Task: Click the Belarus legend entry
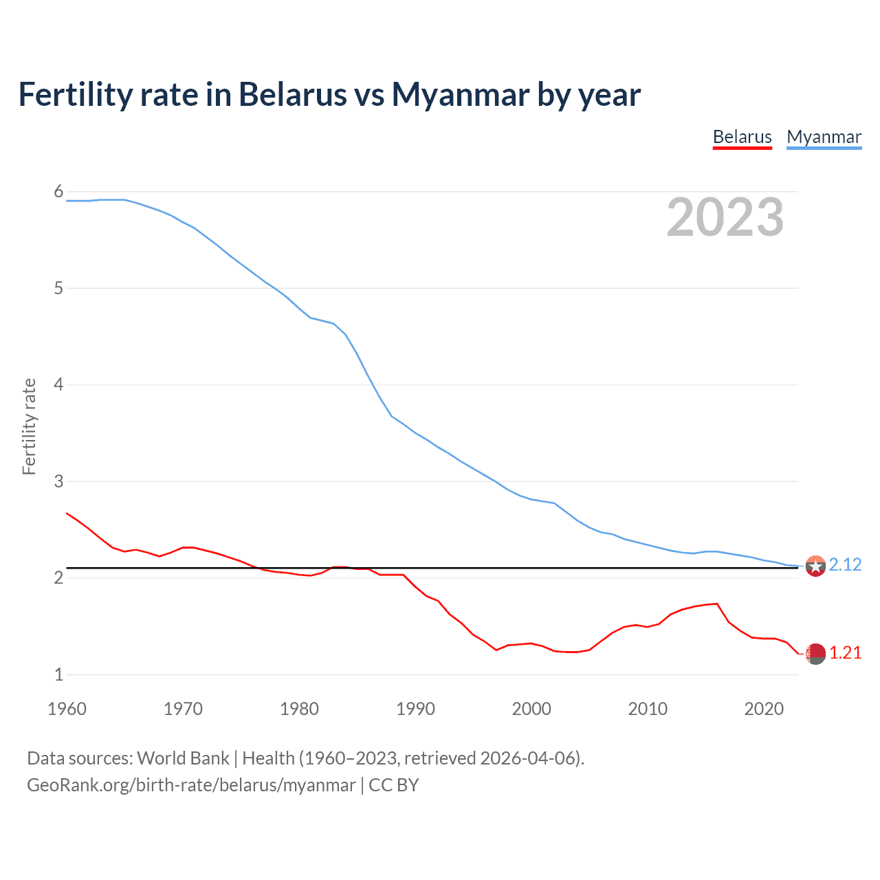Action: (742, 137)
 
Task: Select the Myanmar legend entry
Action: (824, 137)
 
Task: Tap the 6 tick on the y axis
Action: (58, 192)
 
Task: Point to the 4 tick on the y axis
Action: (58, 384)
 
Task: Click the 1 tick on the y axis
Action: (58, 674)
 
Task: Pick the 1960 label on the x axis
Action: (67, 709)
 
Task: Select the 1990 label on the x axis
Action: (415, 709)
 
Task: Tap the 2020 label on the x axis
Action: (764, 709)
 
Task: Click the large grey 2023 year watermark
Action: (725, 217)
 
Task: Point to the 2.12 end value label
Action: (845, 564)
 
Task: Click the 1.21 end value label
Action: (845, 653)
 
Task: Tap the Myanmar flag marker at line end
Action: (815, 566)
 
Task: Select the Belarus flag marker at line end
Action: (815, 654)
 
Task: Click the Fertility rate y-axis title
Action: (29, 426)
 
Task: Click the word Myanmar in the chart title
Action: (460, 94)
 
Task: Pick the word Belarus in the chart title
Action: (292, 94)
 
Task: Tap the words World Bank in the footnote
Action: (183, 758)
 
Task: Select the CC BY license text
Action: (394, 785)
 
